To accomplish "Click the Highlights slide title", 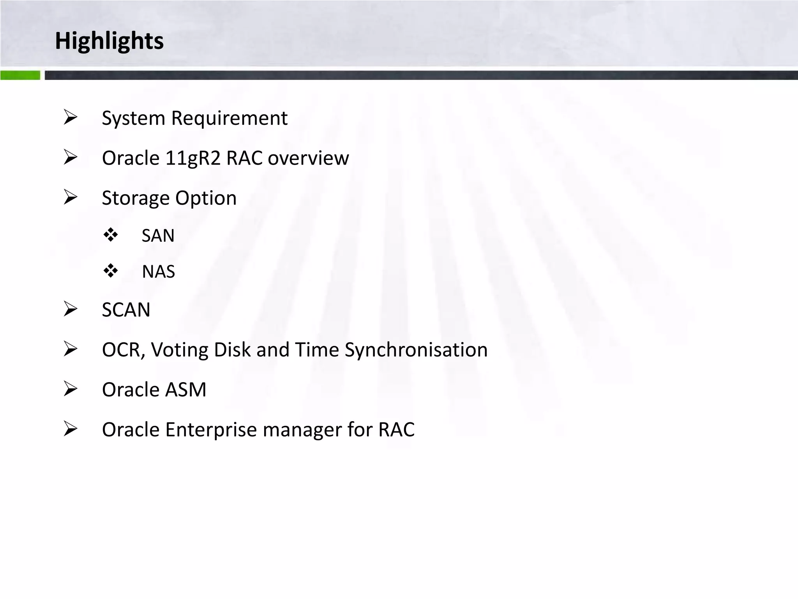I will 109,41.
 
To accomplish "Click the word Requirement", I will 229,118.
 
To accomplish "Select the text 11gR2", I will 193,158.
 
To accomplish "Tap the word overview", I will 308,158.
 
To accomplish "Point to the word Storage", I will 135,198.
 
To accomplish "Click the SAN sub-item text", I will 158,236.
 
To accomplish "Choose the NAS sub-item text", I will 158,271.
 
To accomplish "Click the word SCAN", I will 126,310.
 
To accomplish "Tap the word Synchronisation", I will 416,350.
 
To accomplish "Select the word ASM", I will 185,390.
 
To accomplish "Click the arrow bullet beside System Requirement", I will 71,117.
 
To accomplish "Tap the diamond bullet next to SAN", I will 111,235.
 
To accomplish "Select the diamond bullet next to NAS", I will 111,271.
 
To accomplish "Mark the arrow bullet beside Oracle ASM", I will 71,389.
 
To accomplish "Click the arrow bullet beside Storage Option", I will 71,197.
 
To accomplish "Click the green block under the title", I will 20,75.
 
